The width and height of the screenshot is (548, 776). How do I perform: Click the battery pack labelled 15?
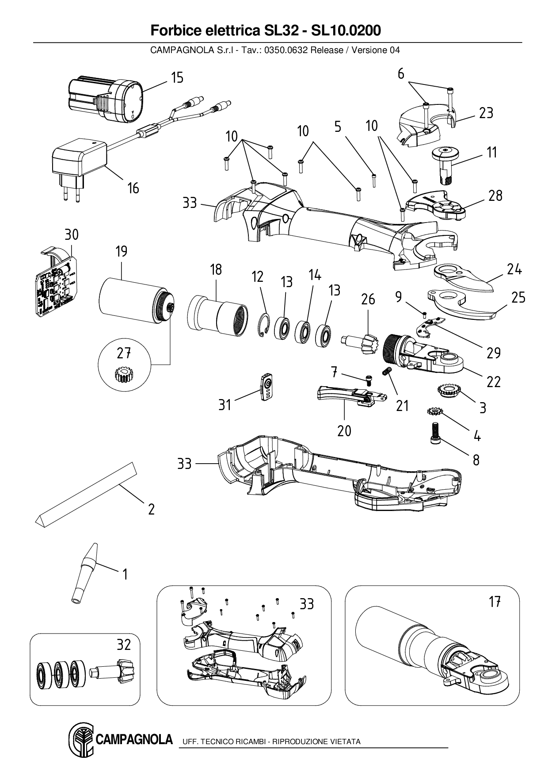point(106,100)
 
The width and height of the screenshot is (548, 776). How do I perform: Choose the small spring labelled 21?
point(387,372)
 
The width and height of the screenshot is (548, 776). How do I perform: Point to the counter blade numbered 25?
point(460,305)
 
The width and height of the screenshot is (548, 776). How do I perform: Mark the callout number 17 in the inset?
point(494,602)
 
